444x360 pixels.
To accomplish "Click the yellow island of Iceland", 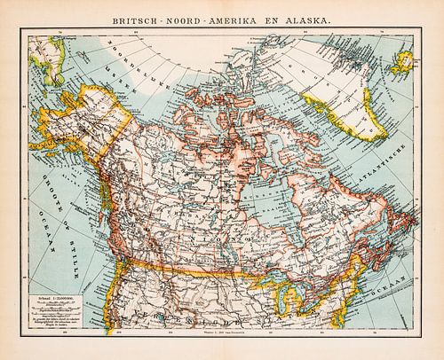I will point(404,62).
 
